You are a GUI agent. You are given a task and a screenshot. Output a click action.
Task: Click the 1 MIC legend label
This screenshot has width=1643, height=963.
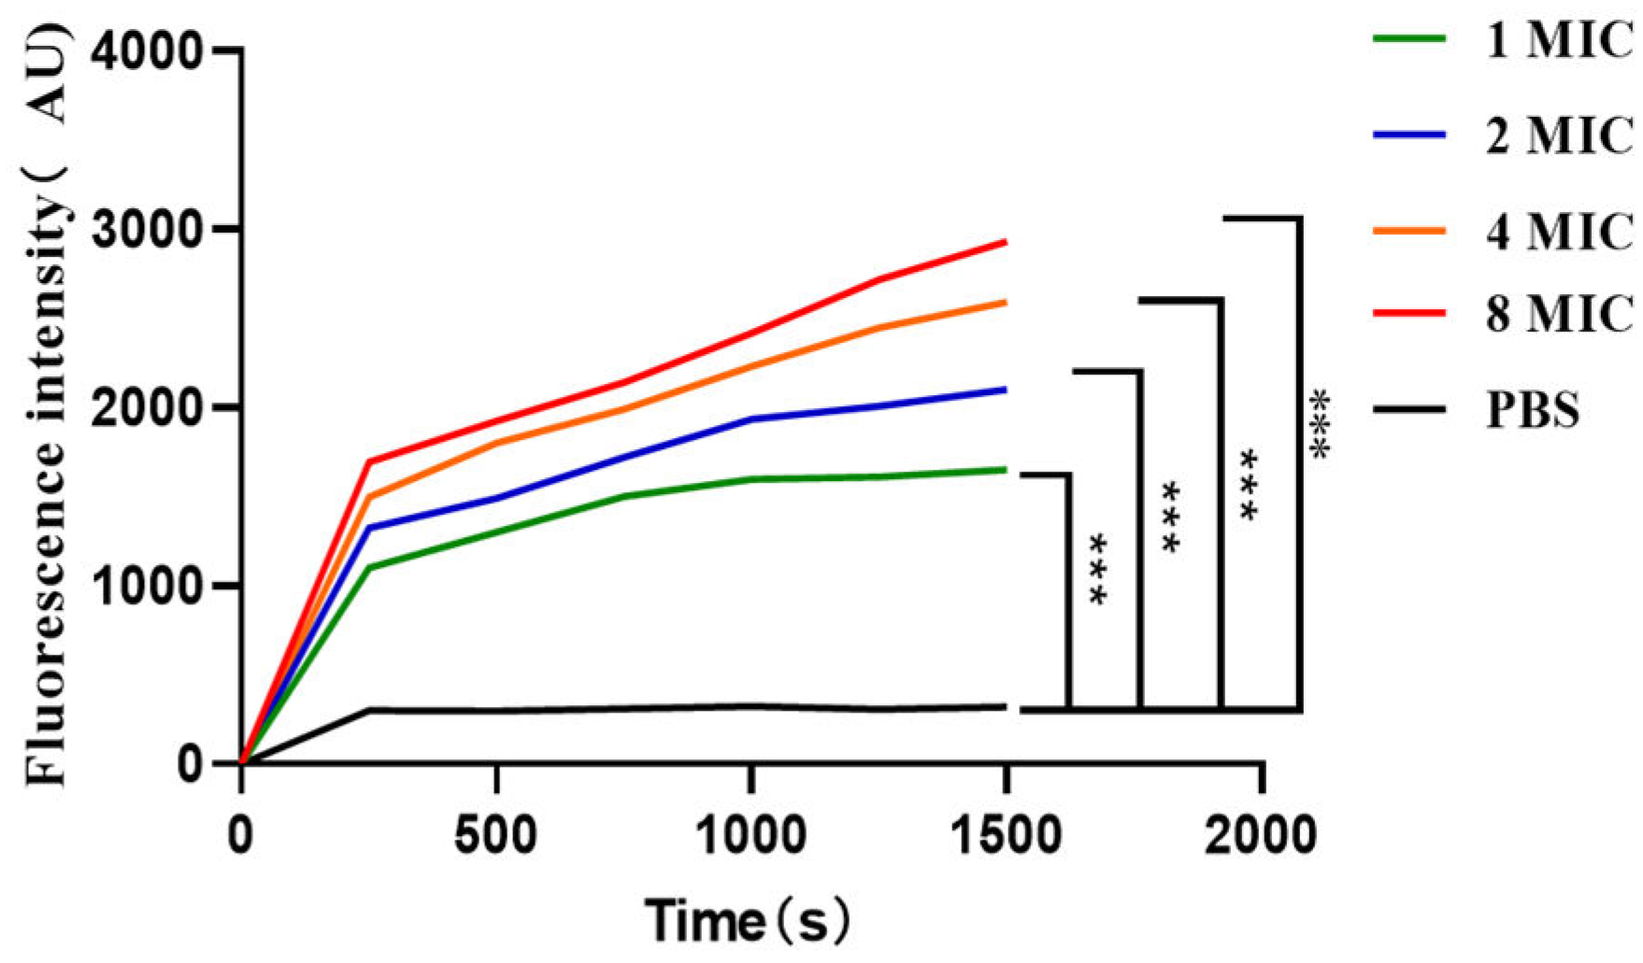(1559, 41)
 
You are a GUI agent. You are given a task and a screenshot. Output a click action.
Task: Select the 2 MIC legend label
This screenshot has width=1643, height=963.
(1559, 136)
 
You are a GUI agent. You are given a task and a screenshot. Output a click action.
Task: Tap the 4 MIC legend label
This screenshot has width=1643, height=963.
(1559, 231)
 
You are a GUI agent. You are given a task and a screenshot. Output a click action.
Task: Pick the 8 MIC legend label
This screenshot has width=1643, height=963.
(1559, 313)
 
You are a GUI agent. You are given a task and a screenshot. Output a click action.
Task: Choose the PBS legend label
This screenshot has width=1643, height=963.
(1533, 410)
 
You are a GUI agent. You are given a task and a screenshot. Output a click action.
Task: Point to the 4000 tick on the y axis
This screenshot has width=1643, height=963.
(148, 51)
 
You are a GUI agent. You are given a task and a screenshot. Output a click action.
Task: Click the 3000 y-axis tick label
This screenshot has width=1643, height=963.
(148, 230)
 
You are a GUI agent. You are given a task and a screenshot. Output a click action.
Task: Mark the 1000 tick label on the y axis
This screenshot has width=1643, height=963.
(148, 587)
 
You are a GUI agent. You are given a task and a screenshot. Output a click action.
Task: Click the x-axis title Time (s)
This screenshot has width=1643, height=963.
(748, 921)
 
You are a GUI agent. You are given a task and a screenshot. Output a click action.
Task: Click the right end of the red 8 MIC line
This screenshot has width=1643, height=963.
(1004, 242)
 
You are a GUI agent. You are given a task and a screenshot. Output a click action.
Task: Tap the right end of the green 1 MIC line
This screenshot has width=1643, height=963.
(1004, 470)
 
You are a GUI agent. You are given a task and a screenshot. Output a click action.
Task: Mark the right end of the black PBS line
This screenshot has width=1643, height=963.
(1004, 707)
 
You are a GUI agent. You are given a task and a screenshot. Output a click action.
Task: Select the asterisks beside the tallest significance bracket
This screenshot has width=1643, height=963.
(1320, 424)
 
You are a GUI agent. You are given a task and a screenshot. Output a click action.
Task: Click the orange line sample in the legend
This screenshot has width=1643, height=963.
(1408, 231)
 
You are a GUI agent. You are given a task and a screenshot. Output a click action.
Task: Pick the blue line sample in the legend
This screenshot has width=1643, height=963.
(1408, 136)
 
